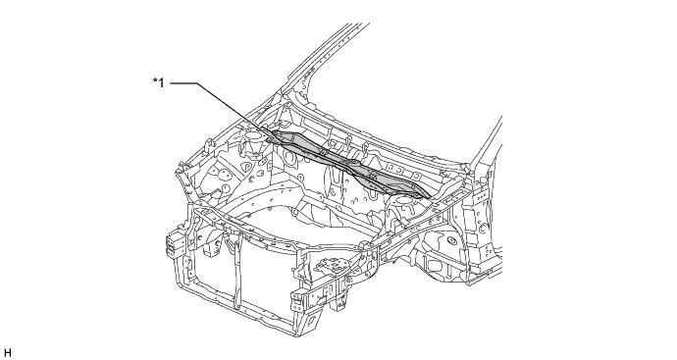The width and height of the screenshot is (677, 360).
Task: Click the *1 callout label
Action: (x=158, y=82)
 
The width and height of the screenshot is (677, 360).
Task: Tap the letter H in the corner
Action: (x=7, y=353)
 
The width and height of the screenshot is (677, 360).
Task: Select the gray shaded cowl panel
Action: (x=348, y=164)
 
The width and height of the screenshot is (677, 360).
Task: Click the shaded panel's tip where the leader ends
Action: (x=268, y=140)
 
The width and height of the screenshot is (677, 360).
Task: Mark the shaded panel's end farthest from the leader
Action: (x=429, y=197)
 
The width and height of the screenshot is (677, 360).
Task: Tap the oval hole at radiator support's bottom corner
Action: (x=311, y=321)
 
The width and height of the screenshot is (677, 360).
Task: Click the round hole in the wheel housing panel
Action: (x=451, y=239)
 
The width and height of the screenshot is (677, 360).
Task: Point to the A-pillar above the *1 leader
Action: (x=328, y=61)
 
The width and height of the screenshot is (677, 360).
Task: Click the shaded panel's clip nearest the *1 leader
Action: (x=321, y=151)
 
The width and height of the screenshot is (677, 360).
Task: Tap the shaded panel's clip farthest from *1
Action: (x=371, y=175)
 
